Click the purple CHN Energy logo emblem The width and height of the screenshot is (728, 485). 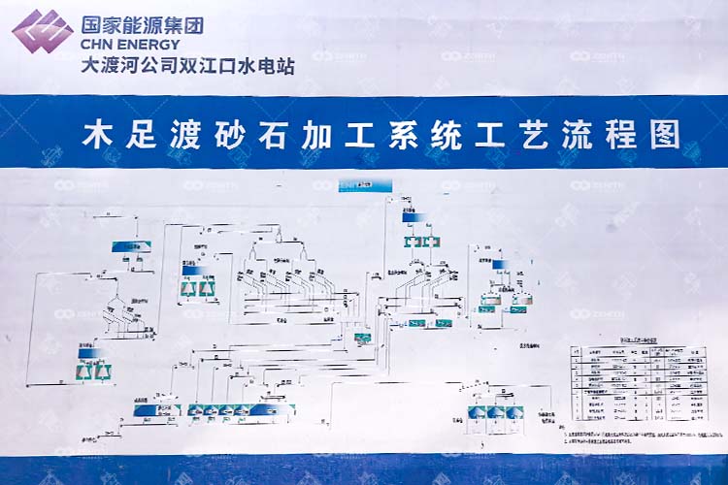(41, 30)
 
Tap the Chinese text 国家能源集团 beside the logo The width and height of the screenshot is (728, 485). (142, 24)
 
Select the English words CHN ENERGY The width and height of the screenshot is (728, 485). (130, 44)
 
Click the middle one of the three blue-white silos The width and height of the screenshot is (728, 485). (495, 413)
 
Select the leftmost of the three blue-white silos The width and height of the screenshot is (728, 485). (477, 413)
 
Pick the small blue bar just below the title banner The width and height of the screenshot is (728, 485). (365, 184)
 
